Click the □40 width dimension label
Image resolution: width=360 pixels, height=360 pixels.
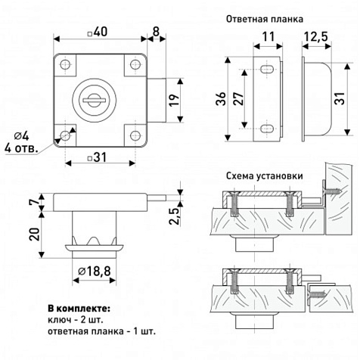(97, 32)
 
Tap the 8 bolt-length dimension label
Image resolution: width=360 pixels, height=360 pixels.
(157, 32)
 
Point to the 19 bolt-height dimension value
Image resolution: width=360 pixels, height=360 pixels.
(174, 100)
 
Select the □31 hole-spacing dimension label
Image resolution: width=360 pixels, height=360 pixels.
(97, 158)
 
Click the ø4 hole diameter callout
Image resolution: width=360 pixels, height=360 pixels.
(21, 136)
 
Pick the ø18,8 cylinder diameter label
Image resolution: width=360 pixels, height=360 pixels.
(95, 272)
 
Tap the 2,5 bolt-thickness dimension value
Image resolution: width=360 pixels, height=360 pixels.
(174, 216)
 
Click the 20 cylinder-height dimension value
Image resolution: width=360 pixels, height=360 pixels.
(34, 234)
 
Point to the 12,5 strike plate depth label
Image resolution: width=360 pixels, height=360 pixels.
(315, 37)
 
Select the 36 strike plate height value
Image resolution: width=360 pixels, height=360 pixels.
(221, 99)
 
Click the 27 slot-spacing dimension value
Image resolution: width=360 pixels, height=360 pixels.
(238, 99)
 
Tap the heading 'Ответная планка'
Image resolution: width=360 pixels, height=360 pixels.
(265, 19)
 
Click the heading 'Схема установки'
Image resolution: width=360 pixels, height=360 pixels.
(265, 175)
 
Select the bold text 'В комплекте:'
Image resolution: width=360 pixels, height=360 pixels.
(79, 309)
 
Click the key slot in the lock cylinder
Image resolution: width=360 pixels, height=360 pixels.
(94, 101)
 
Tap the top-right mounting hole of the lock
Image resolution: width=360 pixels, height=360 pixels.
(135, 64)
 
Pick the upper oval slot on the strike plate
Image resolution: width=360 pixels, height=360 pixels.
(267, 69)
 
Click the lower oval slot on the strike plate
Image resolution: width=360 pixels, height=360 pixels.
(267, 129)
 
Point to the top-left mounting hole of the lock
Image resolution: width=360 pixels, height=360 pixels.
(65, 64)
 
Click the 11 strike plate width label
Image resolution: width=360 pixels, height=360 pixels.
(268, 37)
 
